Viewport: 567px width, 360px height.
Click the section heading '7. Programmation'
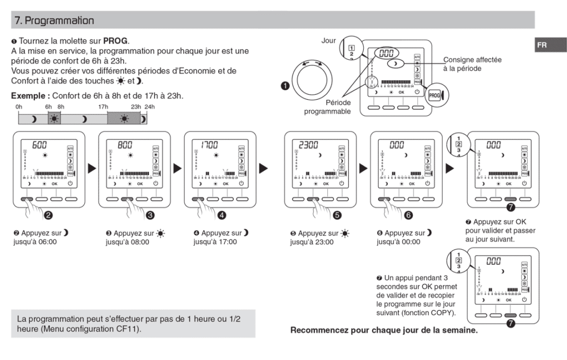coord(54,20)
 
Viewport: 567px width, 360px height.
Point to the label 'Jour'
coord(329,40)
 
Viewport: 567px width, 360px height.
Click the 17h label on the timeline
coord(103,106)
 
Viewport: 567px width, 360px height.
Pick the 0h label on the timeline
coord(19,106)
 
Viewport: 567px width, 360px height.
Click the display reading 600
coord(39,145)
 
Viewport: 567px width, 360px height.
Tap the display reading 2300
coord(308,145)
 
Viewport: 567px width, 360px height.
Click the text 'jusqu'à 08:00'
coord(127,242)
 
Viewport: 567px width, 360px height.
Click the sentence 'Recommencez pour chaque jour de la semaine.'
coord(384,330)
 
